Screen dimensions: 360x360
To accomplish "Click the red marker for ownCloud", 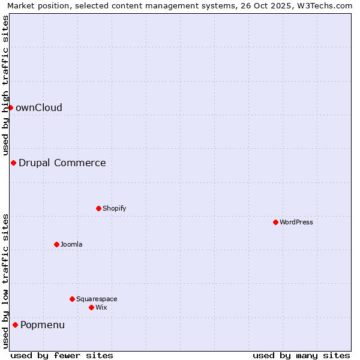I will [x=10, y=107].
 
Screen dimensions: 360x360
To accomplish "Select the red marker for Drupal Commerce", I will [x=13, y=163].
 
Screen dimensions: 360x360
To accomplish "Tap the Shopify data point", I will [x=98, y=208].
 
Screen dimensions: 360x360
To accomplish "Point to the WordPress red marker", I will [x=275, y=222].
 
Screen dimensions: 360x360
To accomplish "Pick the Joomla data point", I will [x=56, y=244].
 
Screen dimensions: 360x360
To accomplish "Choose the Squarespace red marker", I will [x=72, y=299].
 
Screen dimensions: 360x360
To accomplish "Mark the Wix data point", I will [x=91, y=307].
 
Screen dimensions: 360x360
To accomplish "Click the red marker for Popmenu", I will [x=15, y=325].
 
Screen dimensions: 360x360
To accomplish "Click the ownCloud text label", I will [x=39, y=108].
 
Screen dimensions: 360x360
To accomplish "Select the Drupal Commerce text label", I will [x=62, y=163].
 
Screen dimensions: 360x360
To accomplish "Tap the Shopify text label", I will [x=115, y=209].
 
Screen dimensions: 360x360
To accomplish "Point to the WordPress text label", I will [x=296, y=223].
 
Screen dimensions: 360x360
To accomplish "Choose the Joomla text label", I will [x=71, y=245].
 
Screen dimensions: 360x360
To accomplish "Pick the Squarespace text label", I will [x=97, y=299].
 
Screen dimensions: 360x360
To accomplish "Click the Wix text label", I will [x=101, y=308].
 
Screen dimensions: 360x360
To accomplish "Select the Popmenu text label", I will [x=43, y=325].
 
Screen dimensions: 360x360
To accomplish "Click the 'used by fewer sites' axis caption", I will [x=62, y=355].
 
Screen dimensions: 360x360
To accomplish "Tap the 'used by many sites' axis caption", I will [x=301, y=355].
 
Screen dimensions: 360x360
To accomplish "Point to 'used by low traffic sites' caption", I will [x=6, y=281].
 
